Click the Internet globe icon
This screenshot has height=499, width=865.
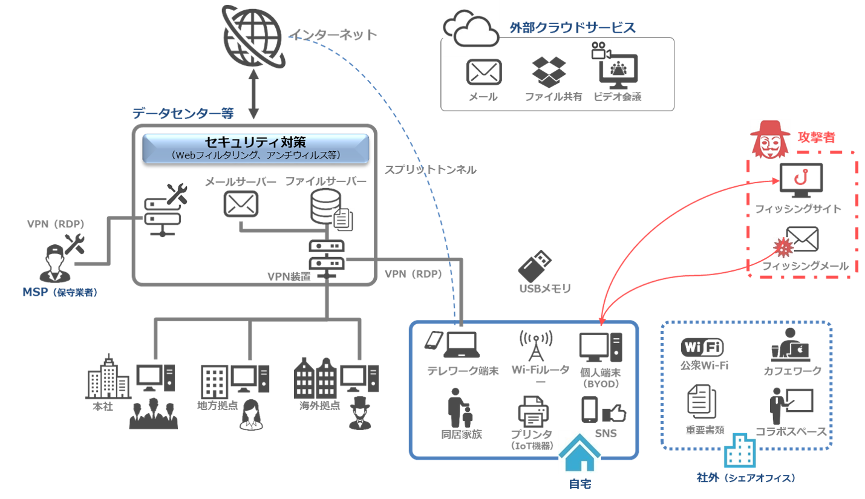252,38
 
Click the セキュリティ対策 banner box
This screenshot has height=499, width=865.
255,148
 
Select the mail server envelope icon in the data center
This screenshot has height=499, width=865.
241,204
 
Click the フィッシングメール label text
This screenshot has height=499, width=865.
805,266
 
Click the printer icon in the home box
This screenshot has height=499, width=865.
532,413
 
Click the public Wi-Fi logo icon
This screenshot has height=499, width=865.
702,347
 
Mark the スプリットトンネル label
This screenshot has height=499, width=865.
430,171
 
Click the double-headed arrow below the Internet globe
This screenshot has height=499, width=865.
253,97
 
